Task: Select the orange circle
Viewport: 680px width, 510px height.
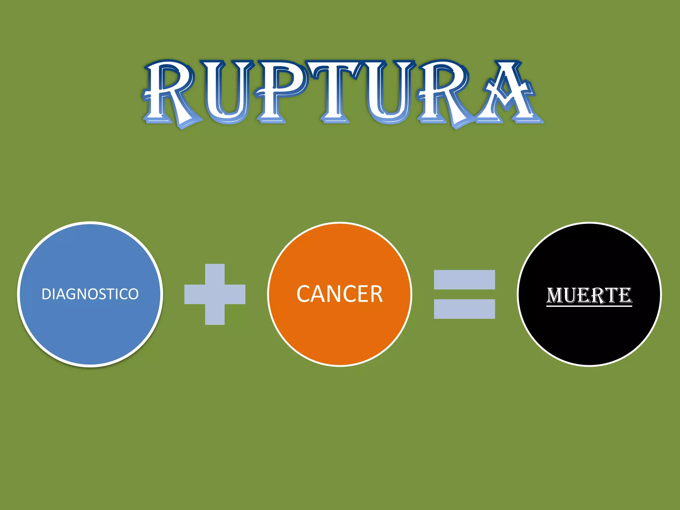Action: (x=339, y=329)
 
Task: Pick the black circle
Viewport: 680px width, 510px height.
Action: (x=589, y=332)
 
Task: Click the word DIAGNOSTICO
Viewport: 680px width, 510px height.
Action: (x=90, y=294)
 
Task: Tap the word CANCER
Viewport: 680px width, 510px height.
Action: (x=339, y=294)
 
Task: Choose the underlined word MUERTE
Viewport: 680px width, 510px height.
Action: (x=589, y=295)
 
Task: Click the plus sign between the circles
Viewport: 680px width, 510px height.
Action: (x=215, y=294)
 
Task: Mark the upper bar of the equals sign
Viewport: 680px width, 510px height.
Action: (x=464, y=280)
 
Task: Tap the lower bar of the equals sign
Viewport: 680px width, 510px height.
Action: (x=464, y=309)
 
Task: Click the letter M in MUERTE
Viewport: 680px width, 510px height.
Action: (x=555, y=295)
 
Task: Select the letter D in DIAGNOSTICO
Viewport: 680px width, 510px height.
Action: (x=46, y=294)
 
